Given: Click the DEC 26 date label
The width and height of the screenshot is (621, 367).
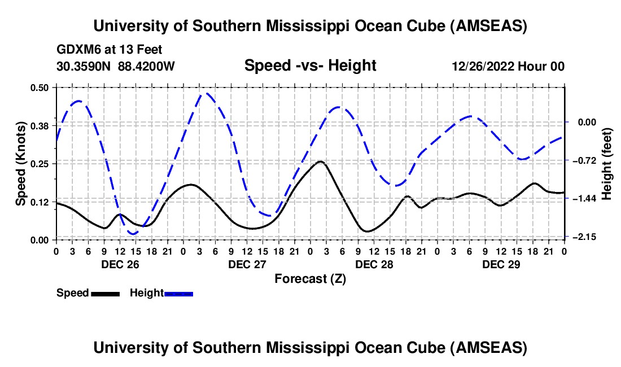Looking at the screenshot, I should (x=119, y=264).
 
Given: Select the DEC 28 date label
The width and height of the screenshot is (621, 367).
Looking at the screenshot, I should (x=373, y=264).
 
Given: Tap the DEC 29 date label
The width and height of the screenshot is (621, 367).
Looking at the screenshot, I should (x=500, y=264).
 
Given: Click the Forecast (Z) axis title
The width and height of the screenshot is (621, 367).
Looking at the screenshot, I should (x=310, y=278).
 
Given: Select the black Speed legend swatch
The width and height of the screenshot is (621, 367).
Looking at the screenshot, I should (x=105, y=293).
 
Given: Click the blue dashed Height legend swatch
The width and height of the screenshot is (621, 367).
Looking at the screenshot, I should (x=178, y=293).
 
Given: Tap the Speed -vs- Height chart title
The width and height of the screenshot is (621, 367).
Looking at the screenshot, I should (x=310, y=66).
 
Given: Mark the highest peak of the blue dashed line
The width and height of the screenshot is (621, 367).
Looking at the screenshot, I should (x=207, y=94).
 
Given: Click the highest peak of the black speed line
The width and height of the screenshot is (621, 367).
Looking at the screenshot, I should (x=320, y=161).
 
